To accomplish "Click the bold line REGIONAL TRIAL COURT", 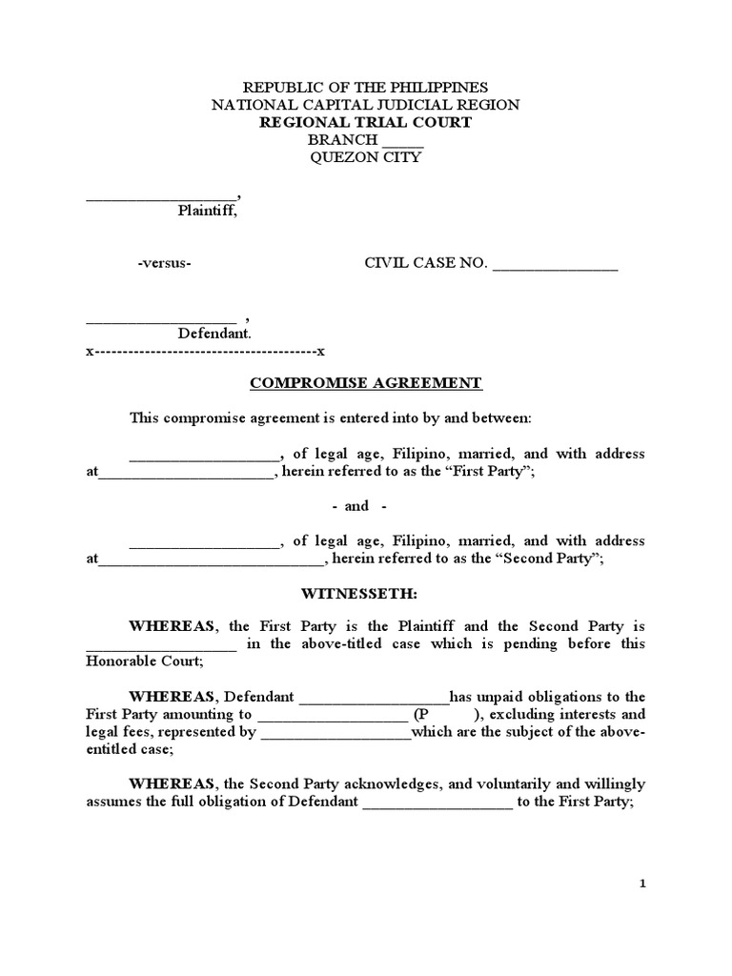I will (366, 122).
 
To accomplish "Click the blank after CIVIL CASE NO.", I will (555, 266).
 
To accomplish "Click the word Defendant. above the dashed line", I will (214, 334).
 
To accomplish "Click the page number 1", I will (642, 884).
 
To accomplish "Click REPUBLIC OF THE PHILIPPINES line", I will (366, 87).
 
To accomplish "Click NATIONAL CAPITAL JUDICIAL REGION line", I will (366, 105).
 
